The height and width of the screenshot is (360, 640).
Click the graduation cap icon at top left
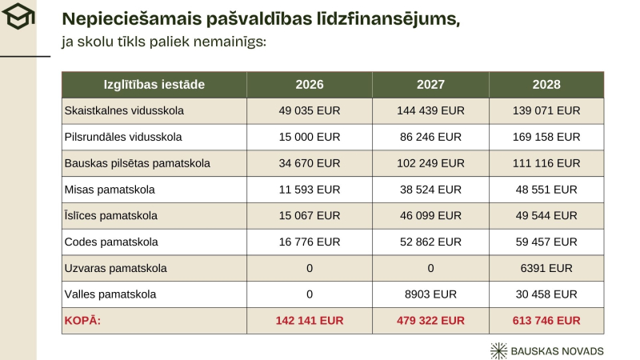17,16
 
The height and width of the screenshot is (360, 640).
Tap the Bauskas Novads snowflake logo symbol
499,350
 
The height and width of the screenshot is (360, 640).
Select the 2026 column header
310,85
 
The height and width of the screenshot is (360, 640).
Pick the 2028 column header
546,85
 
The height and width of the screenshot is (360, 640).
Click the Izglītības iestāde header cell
154,85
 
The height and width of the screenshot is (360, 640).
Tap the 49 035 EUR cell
310,111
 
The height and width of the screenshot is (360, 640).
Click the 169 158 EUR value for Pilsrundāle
546,137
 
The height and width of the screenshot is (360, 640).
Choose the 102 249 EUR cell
430,163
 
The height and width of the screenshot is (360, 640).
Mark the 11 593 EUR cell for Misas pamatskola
310,190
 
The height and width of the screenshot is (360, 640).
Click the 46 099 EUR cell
430,216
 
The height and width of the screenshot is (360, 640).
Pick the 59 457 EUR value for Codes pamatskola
546,242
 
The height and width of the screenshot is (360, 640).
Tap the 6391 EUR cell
546,268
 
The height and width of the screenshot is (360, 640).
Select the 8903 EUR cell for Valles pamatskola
430,294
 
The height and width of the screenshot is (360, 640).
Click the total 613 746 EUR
546,321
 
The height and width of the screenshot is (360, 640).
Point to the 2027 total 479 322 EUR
430,321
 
